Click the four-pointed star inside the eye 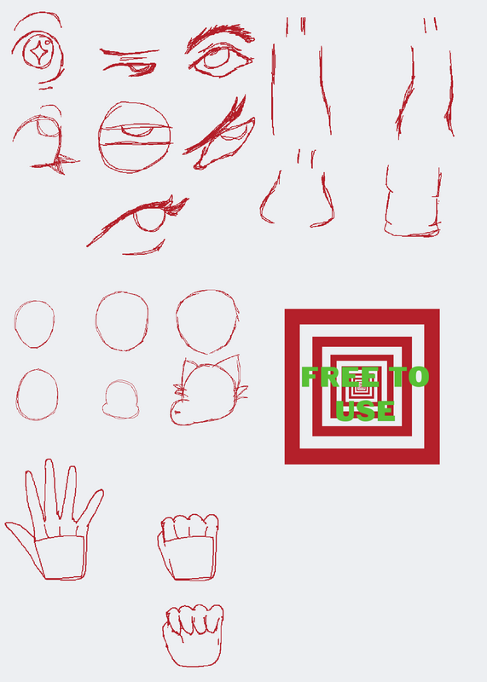coord(38,53)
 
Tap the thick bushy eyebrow coord(221,36)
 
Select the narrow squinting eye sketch coord(130,62)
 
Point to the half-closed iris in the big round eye coord(137,130)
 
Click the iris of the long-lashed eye coord(150,219)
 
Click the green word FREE coord(340,377)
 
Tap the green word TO coord(410,377)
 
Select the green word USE coord(365,411)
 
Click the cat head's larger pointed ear coord(229,365)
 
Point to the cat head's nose coord(177,412)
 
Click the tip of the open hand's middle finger coord(49,459)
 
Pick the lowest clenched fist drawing coord(194,635)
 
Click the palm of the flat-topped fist coord(189,559)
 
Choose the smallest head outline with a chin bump coord(120,399)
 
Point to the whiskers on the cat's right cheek coord(241,391)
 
